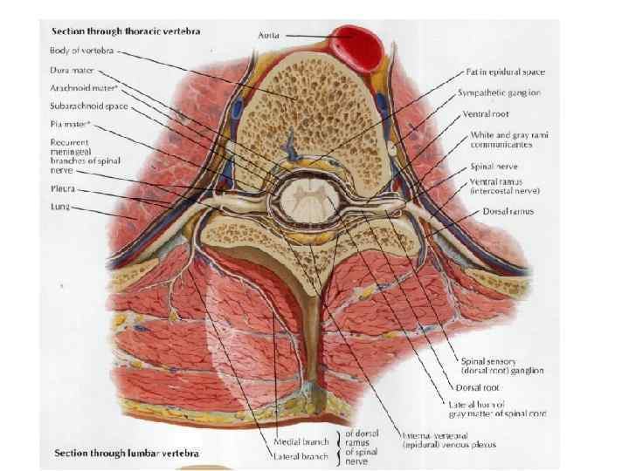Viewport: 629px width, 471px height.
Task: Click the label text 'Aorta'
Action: click(x=269, y=35)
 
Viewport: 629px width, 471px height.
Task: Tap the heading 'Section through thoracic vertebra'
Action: click(x=125, y=31)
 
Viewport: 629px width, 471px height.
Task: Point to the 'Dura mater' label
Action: click(x=72, y=71)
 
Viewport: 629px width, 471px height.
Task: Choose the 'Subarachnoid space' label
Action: click(x=88, y=106)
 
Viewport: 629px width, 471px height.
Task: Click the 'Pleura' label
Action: click(x=62, y=188)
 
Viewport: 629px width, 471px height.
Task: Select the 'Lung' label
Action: click(x=59, y=208)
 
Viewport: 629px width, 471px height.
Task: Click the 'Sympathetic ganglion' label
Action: click(x=499, y=92)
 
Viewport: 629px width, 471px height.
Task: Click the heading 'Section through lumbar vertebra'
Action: click(x=126, y=454)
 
